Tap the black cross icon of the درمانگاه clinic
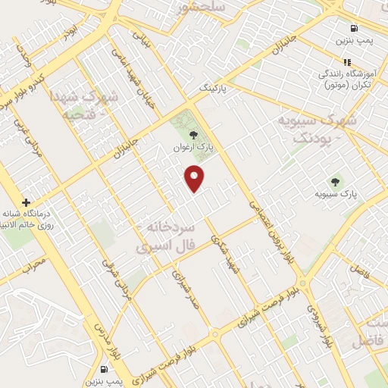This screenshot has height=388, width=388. click(x=27, y=202)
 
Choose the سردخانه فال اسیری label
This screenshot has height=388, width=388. click(x=166, y=236)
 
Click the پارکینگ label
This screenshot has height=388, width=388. click(x=214, y=89)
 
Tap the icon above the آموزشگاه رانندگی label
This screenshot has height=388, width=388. click(x=347, y=62)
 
